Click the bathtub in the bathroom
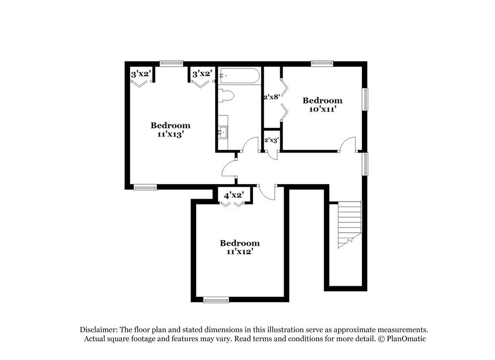(x=239, y=76)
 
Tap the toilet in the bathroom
(x=226, y=96)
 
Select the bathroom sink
(x=223, y=132)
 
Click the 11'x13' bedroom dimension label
(x=170, y=134)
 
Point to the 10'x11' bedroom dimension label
(x=322, y=109)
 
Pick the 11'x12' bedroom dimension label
(x=240, y=251)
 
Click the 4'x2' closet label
(x=233, y=195)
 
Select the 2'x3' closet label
(x=272, y=140)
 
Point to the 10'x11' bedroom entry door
(x=347, y=145)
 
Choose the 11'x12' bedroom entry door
(x=268, y=192)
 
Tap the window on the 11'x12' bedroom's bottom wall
(x=216, y=299)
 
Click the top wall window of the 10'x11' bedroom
(x=322, y=63)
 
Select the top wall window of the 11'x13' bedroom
(x=171, y=63)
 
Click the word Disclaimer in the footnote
(x=98, y=329)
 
